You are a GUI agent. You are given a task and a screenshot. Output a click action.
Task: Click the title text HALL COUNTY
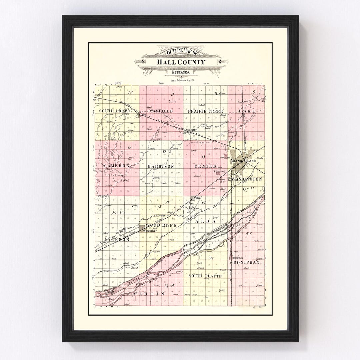pyautogui.click(x=180, y=62)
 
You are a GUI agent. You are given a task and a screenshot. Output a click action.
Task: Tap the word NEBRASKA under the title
pyautogui.click(x=180, y=72)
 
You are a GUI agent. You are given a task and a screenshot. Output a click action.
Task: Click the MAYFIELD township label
pyautogui.click(x=161, y=111)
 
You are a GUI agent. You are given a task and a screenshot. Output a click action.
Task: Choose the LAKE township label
pyautogui.click(x=247, y=111)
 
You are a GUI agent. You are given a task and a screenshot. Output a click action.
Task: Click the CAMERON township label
pyautogui.click(x=116, y=166)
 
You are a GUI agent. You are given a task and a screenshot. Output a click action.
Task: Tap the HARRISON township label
pyautogui.click(x=160, y=166)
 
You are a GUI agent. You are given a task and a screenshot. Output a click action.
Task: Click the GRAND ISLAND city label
pyautogui.click(x=244, y=161)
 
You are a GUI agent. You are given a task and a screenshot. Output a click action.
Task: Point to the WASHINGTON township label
pyautogui.click(x=247, y=179)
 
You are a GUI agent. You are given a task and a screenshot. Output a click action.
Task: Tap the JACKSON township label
pyautogui.click(x=116, y=240)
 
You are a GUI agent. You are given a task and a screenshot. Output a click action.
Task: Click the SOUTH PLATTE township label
pyautogui.click(x=205, y=276)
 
